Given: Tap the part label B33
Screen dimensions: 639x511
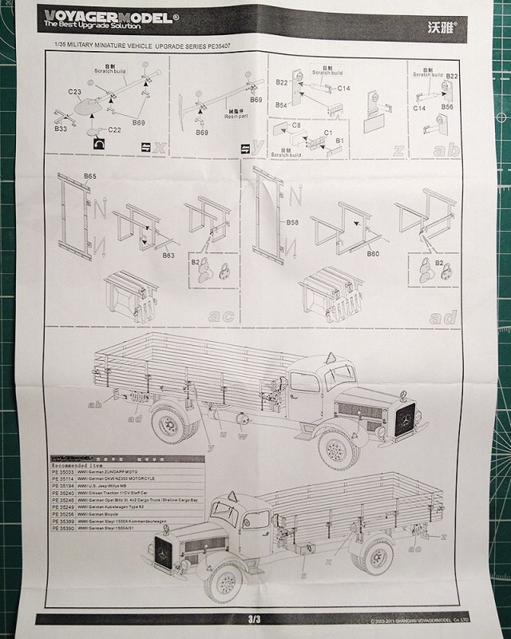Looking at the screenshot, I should point(61,129).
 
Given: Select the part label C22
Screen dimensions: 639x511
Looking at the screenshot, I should point(113,129).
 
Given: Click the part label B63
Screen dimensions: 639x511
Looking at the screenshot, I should point(168,255).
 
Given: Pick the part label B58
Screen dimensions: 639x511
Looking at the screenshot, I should point(293,222).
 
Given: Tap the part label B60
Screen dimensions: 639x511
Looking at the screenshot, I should point(373,254).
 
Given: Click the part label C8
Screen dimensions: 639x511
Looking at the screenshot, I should point(295,125).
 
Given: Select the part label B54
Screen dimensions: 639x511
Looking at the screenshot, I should point(282,105).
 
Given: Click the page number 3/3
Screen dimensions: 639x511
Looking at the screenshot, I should point(255,620).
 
